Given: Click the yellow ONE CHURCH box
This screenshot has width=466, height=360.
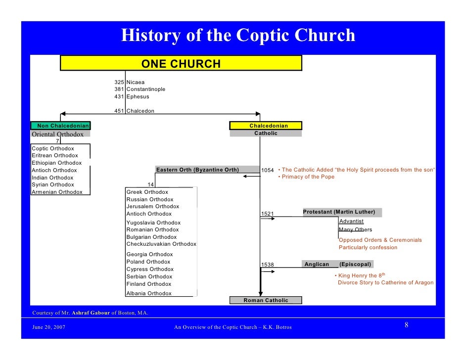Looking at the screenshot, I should [x=181, y=63].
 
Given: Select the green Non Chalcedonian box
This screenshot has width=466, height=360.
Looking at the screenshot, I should [x=60, y=126].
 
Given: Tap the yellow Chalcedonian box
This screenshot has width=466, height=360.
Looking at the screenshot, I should [x=266, y=126].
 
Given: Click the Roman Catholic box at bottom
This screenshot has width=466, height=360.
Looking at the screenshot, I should [x=266, y=300].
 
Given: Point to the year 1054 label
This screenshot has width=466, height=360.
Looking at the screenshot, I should [x=267, y=170].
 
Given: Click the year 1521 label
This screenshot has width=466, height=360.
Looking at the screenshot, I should [x=267, y=214].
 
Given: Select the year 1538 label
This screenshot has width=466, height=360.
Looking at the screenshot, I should [x=267, y=265].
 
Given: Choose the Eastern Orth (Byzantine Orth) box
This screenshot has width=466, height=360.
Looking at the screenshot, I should [x=197, y=170].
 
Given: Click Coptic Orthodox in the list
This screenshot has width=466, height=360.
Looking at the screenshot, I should [x=53, y=148].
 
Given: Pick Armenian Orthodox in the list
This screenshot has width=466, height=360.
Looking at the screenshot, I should [x=57, y=192].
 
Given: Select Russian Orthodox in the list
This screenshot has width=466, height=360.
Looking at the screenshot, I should [x=150, y=199].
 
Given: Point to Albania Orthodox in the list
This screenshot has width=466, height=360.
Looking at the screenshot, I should [x=149, y=293].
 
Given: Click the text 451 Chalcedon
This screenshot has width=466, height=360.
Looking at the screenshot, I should [x=134, y=111].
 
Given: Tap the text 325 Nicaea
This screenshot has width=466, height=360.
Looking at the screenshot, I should [x=130, y=82].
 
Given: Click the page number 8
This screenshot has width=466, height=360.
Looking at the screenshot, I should [x=406, y=325].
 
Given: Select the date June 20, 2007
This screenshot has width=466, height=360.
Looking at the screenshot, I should [x=48, y=327].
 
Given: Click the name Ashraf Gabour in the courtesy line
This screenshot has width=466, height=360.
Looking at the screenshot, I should [x=91, y=313].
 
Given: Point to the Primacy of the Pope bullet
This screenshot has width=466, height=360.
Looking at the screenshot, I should [x=307, y=177].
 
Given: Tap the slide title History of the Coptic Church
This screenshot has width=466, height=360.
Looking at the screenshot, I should [x=238, y=35].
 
